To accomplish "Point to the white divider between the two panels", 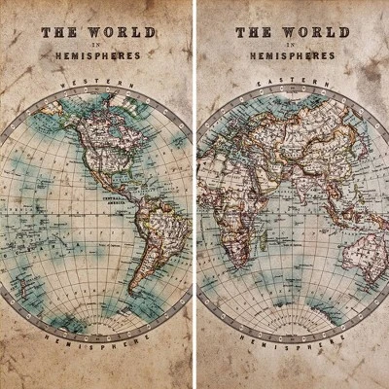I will pyautogui.click(x=194, y=194).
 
